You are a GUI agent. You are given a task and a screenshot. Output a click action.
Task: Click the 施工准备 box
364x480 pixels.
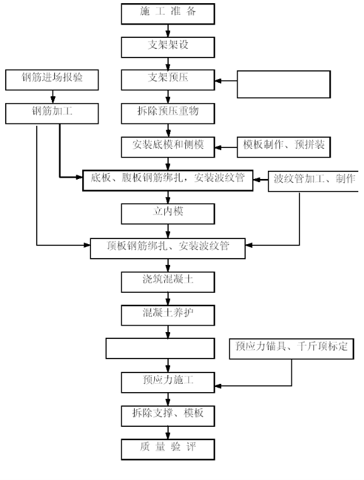(x=168, y=14)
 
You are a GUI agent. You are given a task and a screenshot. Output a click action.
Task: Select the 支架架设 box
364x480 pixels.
(x=168, y=47)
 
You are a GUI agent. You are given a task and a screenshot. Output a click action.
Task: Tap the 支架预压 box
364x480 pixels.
(x=168, y=80)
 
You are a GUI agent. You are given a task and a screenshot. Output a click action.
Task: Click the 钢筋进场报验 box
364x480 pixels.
(x=52, y=80)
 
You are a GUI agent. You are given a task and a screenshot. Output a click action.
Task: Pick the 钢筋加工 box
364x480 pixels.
(x=52, y=114)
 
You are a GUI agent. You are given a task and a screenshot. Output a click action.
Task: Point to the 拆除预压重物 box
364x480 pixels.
(x=168, y=114)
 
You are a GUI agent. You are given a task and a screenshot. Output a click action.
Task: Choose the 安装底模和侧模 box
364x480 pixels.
(x=168, y=147)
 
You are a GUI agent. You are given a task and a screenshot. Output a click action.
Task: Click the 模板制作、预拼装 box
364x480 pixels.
(x=284, y=147)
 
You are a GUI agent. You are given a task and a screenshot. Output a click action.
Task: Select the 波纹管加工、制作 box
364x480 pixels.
(x=313, y=182)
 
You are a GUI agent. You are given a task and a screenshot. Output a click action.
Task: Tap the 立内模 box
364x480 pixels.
(x=168, y=214)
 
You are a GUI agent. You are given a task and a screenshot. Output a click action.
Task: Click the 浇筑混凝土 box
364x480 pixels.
(x=168, y=282)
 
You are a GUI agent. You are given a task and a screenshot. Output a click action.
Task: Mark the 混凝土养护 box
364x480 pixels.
(x=168, y=316)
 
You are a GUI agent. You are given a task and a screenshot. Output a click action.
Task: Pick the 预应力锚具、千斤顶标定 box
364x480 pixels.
(x=291, y=348)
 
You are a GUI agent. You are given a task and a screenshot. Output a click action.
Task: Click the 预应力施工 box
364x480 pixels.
(x=168, y=383)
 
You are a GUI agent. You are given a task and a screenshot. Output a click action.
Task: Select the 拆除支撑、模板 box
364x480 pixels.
(x=168, y=416)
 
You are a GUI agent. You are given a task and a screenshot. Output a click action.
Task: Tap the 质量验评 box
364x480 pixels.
(x=168, y=450)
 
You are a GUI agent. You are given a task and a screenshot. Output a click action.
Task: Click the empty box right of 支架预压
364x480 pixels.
(x=284, y=85)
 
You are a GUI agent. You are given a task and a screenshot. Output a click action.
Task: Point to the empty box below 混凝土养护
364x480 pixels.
(x=161, y=348)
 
